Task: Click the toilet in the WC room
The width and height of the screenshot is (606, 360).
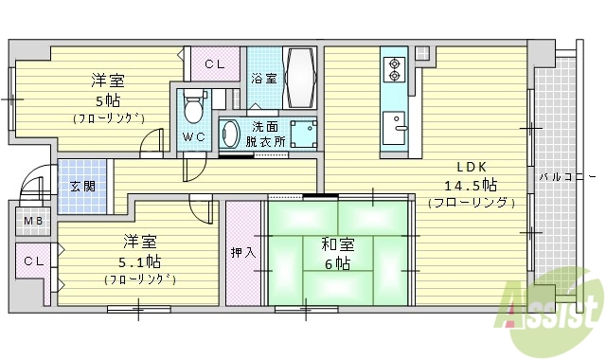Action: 195,106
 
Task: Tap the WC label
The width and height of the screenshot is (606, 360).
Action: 194,135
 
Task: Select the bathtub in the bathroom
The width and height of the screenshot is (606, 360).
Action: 301,78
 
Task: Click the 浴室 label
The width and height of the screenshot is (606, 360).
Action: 264,79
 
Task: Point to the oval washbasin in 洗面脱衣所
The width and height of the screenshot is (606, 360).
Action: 231,134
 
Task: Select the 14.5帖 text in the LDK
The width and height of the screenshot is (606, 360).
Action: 471,184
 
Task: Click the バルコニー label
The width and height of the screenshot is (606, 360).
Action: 566,177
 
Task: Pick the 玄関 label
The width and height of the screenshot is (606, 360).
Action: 81,186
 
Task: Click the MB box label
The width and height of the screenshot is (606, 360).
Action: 33,223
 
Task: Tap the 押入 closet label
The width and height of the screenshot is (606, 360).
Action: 243,252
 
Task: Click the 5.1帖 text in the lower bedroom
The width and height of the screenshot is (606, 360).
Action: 139,261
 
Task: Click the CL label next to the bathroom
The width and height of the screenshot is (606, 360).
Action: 214,64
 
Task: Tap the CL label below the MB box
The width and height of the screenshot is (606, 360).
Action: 34,261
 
